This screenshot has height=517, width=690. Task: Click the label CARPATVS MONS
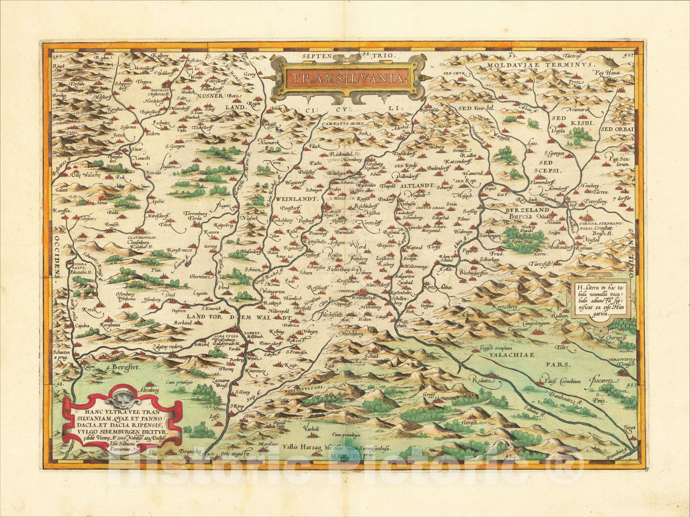point(343,123)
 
